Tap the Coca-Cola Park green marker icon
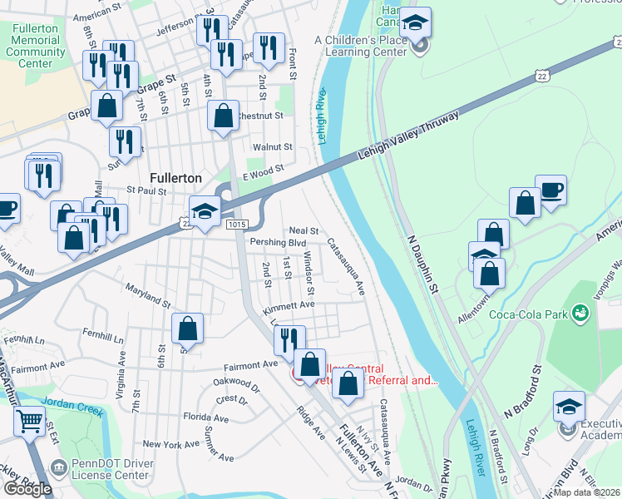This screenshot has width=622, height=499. click(581, 313)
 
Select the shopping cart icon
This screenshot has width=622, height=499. click(29, 422)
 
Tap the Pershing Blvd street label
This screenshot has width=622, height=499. click(279, 242)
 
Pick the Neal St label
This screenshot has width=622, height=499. click(304, 230)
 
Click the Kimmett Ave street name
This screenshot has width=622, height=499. click(289, 306)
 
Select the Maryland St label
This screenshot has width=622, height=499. click(147, 292)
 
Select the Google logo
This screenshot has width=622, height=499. click(27, 489)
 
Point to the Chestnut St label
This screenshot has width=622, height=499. click(261, 116)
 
